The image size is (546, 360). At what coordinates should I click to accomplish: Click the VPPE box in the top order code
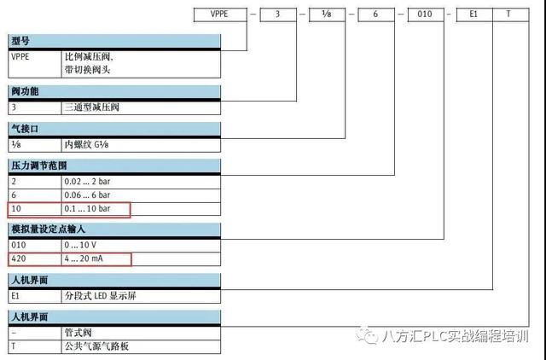pos(220,15)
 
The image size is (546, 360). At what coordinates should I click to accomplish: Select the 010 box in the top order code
pos(426,15)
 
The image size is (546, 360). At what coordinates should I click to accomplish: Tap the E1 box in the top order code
pos(474,15)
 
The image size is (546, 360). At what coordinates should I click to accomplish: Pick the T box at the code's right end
pos(511,15)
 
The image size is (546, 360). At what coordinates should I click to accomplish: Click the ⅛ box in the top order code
pos(327,15)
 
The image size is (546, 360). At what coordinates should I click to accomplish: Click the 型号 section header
pos(20,41)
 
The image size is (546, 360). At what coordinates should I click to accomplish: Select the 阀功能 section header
pos(25,91)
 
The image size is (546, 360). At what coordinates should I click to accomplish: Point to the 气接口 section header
pos(25,129)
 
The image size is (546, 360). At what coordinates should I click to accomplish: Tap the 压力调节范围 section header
pos(38,165)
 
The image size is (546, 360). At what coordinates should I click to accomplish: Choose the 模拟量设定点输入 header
pos(48,229)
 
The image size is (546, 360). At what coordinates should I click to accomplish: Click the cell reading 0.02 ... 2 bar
pos(87,182)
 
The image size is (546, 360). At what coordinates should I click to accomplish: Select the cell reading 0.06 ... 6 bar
pos(87,195)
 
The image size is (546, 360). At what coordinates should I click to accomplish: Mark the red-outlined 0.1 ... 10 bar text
pos(87,208)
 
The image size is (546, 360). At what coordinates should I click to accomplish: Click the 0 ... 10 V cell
pos(80,245)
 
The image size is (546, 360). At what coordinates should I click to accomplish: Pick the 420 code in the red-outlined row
pos(19,258)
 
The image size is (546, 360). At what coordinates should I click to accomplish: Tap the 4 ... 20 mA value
pos(84,258)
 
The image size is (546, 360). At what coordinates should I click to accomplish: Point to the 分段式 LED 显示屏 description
pos(101,296)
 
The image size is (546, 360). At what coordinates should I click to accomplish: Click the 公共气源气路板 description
pos(96,346)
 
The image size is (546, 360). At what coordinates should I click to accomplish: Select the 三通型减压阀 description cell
pos(92,107)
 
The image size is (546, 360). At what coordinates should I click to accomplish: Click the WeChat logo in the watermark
pos(368,335)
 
